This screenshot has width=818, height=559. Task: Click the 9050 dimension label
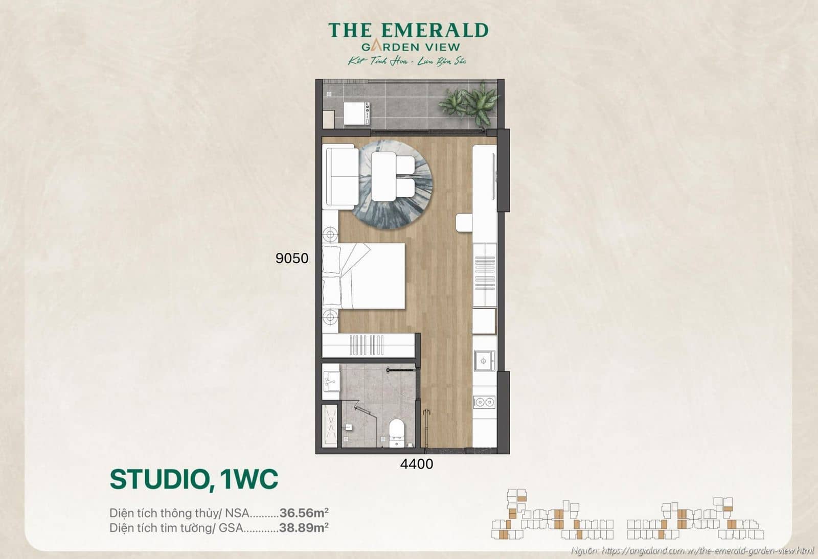[x=292, y=258]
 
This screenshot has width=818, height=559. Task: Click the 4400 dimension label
[x=416, y=464]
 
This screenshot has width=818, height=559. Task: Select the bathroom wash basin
[x=331, y=381]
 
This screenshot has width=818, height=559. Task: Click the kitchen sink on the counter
[x=484, y=361]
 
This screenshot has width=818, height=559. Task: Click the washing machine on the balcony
[x=356, y=113]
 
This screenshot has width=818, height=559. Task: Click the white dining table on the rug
[x=383, y=176]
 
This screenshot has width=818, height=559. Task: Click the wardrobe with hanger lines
[x=368, y=345]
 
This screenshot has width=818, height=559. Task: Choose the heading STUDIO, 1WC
[x=194, y=479]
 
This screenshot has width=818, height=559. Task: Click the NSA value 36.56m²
[x=304, y=513]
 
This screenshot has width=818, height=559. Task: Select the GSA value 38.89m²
[x=304, y=527]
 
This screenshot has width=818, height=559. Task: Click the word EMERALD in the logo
[x=435, y=30]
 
